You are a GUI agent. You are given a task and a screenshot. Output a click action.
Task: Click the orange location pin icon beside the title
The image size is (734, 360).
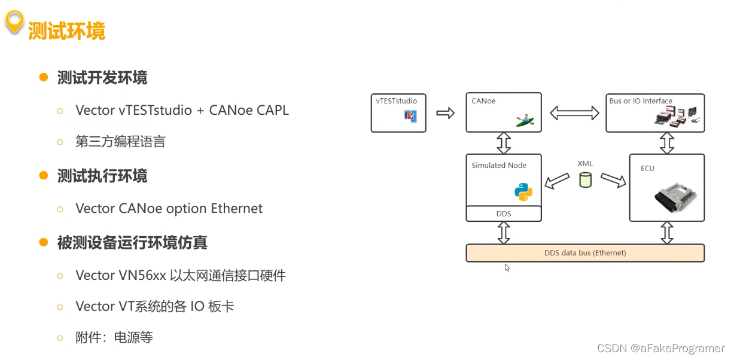coord(14,23)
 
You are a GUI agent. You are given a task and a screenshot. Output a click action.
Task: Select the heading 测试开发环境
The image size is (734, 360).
coord(102,78)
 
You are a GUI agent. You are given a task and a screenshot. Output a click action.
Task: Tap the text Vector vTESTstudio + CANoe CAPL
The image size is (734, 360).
coord(182,110)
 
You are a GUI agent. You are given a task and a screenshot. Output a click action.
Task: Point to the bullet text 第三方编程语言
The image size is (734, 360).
coord(120,142)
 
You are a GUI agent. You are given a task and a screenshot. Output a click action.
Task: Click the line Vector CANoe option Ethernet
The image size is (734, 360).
coord(169,208)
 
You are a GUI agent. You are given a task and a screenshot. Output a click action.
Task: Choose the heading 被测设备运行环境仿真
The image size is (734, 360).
coord(132,243)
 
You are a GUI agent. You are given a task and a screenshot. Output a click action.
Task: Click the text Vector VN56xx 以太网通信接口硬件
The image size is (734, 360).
coord(181,275)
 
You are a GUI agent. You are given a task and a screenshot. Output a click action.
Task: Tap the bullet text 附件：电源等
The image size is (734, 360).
coord(114,337)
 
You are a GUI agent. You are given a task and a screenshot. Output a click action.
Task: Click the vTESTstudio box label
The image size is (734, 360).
coord(397,100)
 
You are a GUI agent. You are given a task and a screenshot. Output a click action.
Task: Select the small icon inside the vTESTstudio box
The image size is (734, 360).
coord(411,116)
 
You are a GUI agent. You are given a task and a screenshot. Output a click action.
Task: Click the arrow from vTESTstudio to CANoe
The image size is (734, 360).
coord(446,112)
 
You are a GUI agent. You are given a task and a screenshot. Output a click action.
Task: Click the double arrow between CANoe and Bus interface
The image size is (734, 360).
coord(574,112)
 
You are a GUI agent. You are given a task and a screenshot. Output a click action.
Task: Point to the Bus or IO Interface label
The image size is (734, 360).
coord(641,101)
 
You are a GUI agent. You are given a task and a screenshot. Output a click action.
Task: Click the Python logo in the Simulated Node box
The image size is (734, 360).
coord(523,192)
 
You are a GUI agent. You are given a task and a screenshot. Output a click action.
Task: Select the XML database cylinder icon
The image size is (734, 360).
coord(585,179)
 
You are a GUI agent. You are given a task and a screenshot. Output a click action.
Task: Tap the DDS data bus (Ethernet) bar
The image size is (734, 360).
coord(585,253)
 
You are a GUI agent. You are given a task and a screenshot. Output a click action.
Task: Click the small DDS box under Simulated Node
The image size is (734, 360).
coord(504,213)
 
